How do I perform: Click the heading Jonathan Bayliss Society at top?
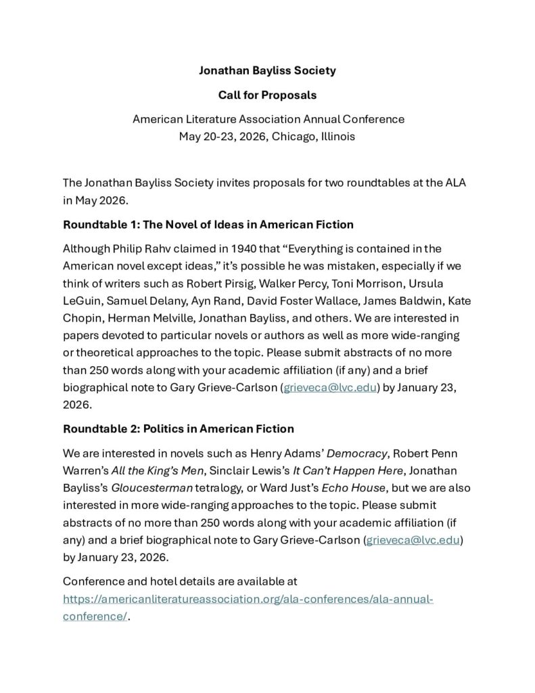(x=267, y=70)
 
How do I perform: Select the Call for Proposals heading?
(x=267, y=95)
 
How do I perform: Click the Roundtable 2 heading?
(x=178, y=428)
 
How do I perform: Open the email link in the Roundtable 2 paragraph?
(x=413, y=539)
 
